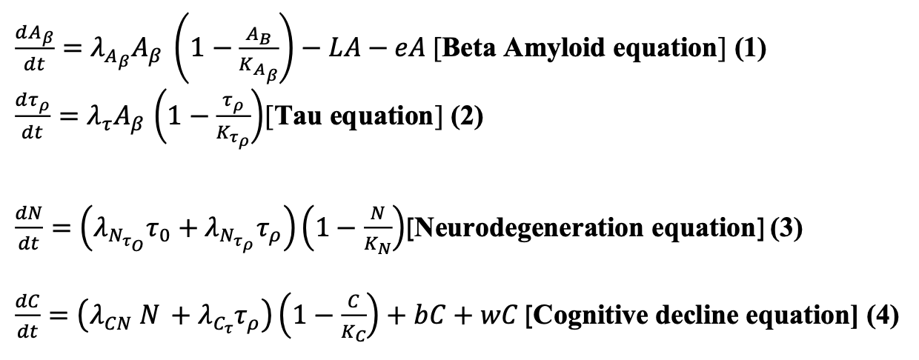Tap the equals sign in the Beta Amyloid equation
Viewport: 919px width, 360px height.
pyautogui.click(x=70, y=50)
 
